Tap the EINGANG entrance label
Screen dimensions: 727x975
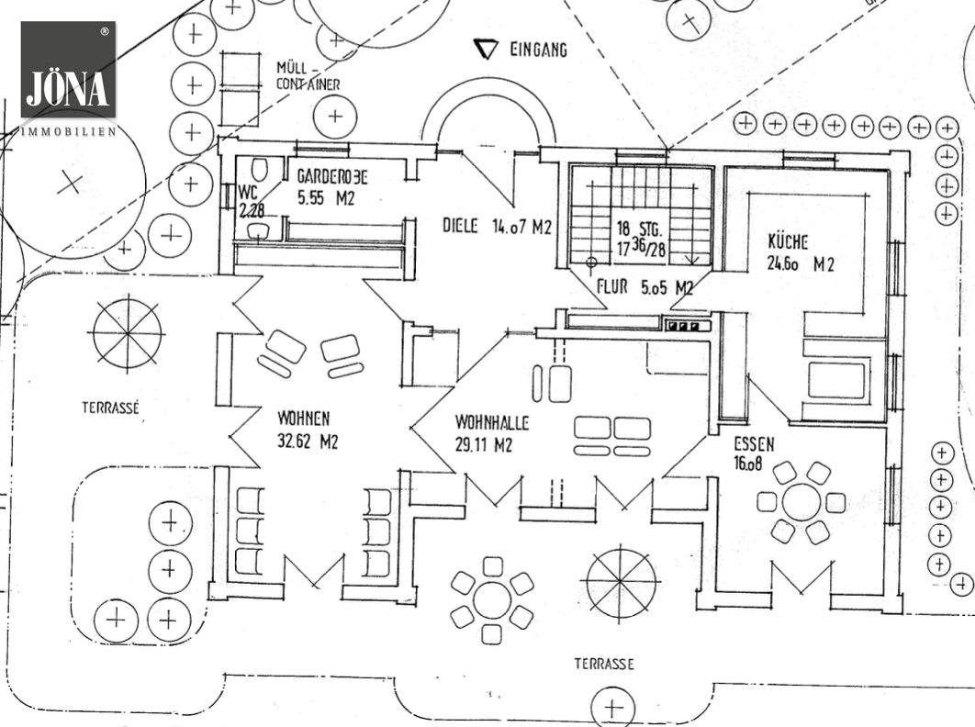click(x=538, y=49)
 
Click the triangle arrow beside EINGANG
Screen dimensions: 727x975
click(x=485, y=49)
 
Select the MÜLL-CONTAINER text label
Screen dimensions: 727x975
click(x=308, y=76)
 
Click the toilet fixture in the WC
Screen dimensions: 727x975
click(x=258, y=172)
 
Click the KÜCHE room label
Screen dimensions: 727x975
click(x=789, y=242)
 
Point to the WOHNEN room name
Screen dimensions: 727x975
click(x=304, y=418)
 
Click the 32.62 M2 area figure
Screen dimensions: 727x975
click(x=308, y=441)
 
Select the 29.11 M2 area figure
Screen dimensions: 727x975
click(x=483, y=446)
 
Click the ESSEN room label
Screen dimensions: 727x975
click(x=754, y=444)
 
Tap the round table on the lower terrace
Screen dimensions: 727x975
click(x=492, y=592)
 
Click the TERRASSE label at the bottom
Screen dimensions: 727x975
click(x=604, y=664)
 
